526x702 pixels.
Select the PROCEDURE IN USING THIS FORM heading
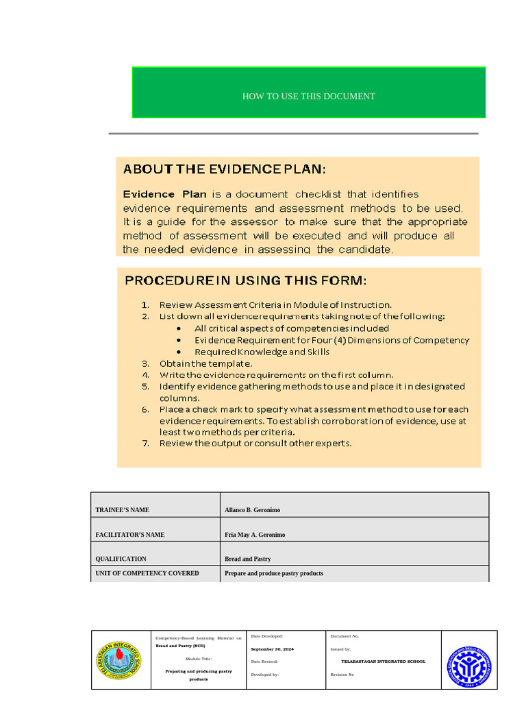(245, 280)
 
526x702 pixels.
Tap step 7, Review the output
(255, 443)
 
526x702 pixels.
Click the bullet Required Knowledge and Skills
(262, 352)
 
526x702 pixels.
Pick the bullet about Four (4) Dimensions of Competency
(331, 340)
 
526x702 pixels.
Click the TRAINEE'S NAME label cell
(122, 510)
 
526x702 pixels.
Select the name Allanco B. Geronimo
(252, 510)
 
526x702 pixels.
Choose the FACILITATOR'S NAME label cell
(129, 535)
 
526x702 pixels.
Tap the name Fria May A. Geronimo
(255, 535)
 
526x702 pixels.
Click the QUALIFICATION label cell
(121, 559)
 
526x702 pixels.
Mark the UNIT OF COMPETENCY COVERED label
(147, 573)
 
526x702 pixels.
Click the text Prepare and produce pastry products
(274, 573)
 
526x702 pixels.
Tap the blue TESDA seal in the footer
(470, 661)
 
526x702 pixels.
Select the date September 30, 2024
(273, 649)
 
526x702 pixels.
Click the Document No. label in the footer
(345, 636)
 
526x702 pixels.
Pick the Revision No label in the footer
(342, 675)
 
